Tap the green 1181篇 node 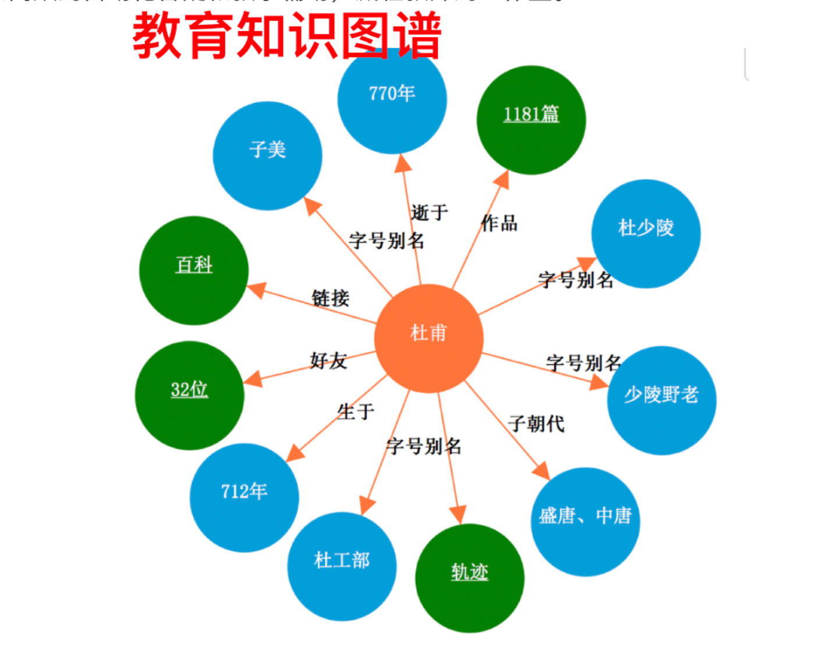531,120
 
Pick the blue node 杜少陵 646,233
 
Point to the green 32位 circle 189,395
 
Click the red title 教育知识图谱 286,36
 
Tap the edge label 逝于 430,212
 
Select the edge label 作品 499,223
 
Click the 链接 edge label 330,298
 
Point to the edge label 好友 328,361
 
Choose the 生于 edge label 356,412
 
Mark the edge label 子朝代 536,424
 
